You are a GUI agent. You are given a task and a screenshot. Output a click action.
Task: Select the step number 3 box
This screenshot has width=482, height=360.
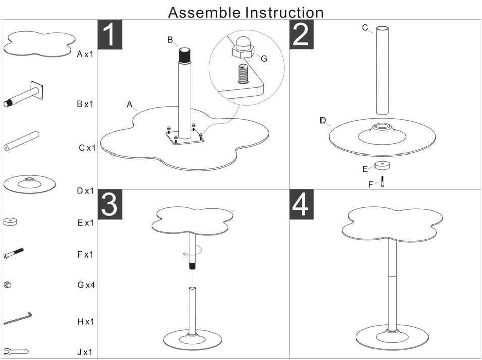coord(110,205)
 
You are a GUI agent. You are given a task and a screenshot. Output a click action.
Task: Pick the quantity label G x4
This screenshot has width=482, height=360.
coord(86,285)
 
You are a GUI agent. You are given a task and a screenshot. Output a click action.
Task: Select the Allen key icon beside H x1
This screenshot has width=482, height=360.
coord(18,318)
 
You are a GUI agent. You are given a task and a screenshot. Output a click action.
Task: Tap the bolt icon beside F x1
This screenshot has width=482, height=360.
coord(14,253)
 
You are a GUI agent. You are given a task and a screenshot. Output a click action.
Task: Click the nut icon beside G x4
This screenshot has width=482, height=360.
coord(8,285)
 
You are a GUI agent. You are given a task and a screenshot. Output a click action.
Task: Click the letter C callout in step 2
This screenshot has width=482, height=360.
coord(365,28)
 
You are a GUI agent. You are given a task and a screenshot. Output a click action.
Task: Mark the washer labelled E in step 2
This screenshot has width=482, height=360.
coord(382,166)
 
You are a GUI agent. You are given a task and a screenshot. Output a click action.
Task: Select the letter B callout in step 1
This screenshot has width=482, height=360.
coord(170,40)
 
